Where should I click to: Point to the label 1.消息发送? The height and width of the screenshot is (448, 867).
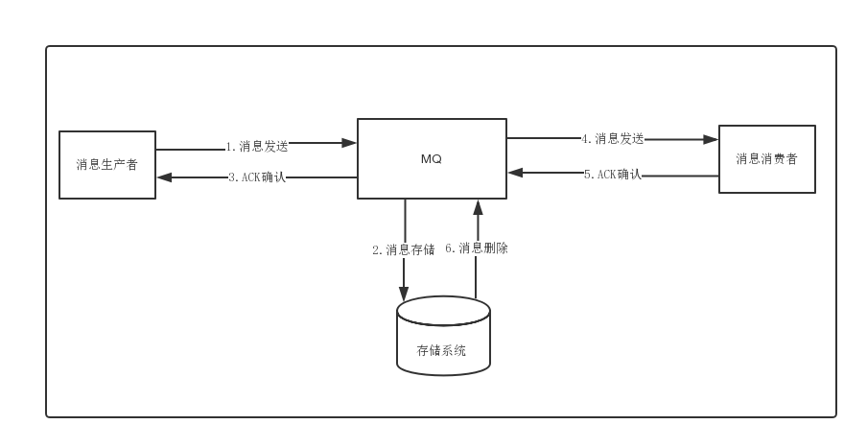point(257,147)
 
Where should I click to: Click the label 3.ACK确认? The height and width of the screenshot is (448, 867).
point(257,177)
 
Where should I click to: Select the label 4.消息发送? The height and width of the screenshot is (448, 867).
point(612,138)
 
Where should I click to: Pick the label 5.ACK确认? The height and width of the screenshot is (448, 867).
point(613,175)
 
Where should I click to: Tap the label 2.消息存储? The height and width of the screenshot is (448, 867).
point(403,249)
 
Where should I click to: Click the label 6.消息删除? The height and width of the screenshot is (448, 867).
point(477,248)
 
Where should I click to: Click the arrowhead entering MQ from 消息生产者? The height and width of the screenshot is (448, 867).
point(349,143)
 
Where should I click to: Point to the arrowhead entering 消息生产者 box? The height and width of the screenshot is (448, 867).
point(164,177)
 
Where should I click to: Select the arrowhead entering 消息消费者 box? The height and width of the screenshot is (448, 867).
point(711,139)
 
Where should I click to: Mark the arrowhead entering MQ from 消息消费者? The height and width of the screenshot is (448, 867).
point(515,173)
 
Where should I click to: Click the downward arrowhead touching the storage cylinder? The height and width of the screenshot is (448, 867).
point(404,294)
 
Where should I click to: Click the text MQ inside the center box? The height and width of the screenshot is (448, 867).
point(432,159)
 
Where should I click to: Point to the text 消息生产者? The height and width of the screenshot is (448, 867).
point(107,164)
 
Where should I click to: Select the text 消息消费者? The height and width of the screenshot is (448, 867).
point(767,158)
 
